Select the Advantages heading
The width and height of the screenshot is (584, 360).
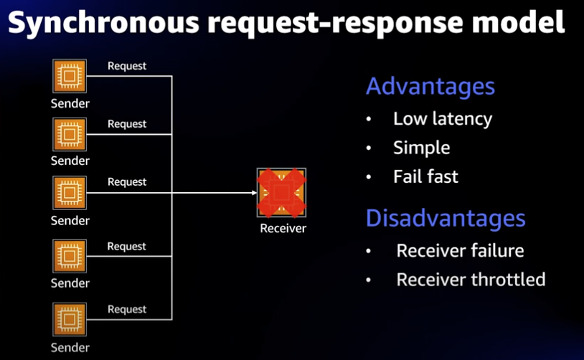(x=430, y=87)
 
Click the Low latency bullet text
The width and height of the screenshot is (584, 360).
(x=442, y=119)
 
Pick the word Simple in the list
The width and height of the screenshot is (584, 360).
(x=421, y=148)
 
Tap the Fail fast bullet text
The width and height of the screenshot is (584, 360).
(x=425, y=176)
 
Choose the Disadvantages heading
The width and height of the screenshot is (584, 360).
(x=445, y=218)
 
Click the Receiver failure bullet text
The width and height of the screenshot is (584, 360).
(x=460, y=251)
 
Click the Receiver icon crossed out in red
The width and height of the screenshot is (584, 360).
(x=281, y=193)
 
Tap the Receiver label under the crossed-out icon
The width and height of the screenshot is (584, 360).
(x=283, y=229)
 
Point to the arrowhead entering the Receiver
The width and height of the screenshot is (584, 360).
(x=253, y=193)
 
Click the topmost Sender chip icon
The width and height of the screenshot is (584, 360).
(x=70, y=76)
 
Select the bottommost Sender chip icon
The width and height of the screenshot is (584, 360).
(x=70, y=320)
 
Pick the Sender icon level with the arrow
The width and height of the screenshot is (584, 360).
(x=70, y=193)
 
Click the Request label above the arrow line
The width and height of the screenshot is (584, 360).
(x=127, y=182)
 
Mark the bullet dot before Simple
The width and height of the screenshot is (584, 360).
(x=369, y=148)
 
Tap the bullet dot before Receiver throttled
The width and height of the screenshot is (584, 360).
(x=369, y=280)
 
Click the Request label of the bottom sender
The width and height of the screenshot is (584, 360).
(x=127, y=309)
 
